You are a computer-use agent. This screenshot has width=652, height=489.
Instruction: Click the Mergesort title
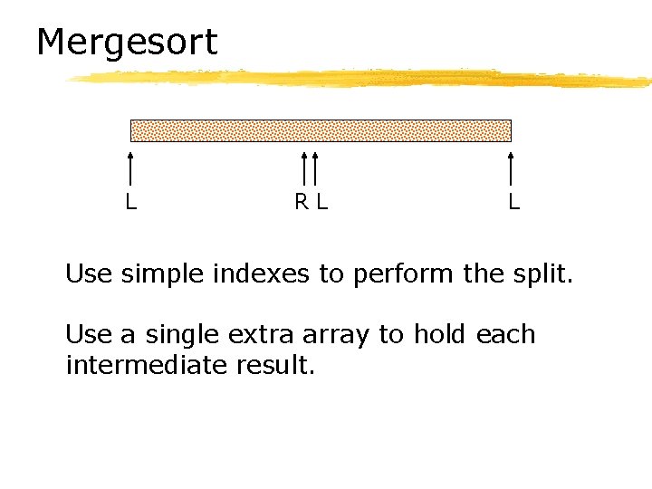pos(127,43)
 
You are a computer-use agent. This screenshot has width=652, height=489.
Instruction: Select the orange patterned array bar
pos(321,130)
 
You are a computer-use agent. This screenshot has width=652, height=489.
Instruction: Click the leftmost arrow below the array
pos(131,169)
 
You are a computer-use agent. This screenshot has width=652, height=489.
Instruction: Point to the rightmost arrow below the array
pos(512,169)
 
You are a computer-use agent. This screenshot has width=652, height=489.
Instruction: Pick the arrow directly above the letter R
pos(304,169)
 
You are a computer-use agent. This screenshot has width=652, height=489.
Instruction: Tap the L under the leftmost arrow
pos(131,202)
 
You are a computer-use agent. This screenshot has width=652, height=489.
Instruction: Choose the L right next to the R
pos(321,202)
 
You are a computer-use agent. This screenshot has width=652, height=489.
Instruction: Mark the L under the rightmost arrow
pos(513,202)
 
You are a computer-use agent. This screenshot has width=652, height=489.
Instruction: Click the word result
pos(277,366)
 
